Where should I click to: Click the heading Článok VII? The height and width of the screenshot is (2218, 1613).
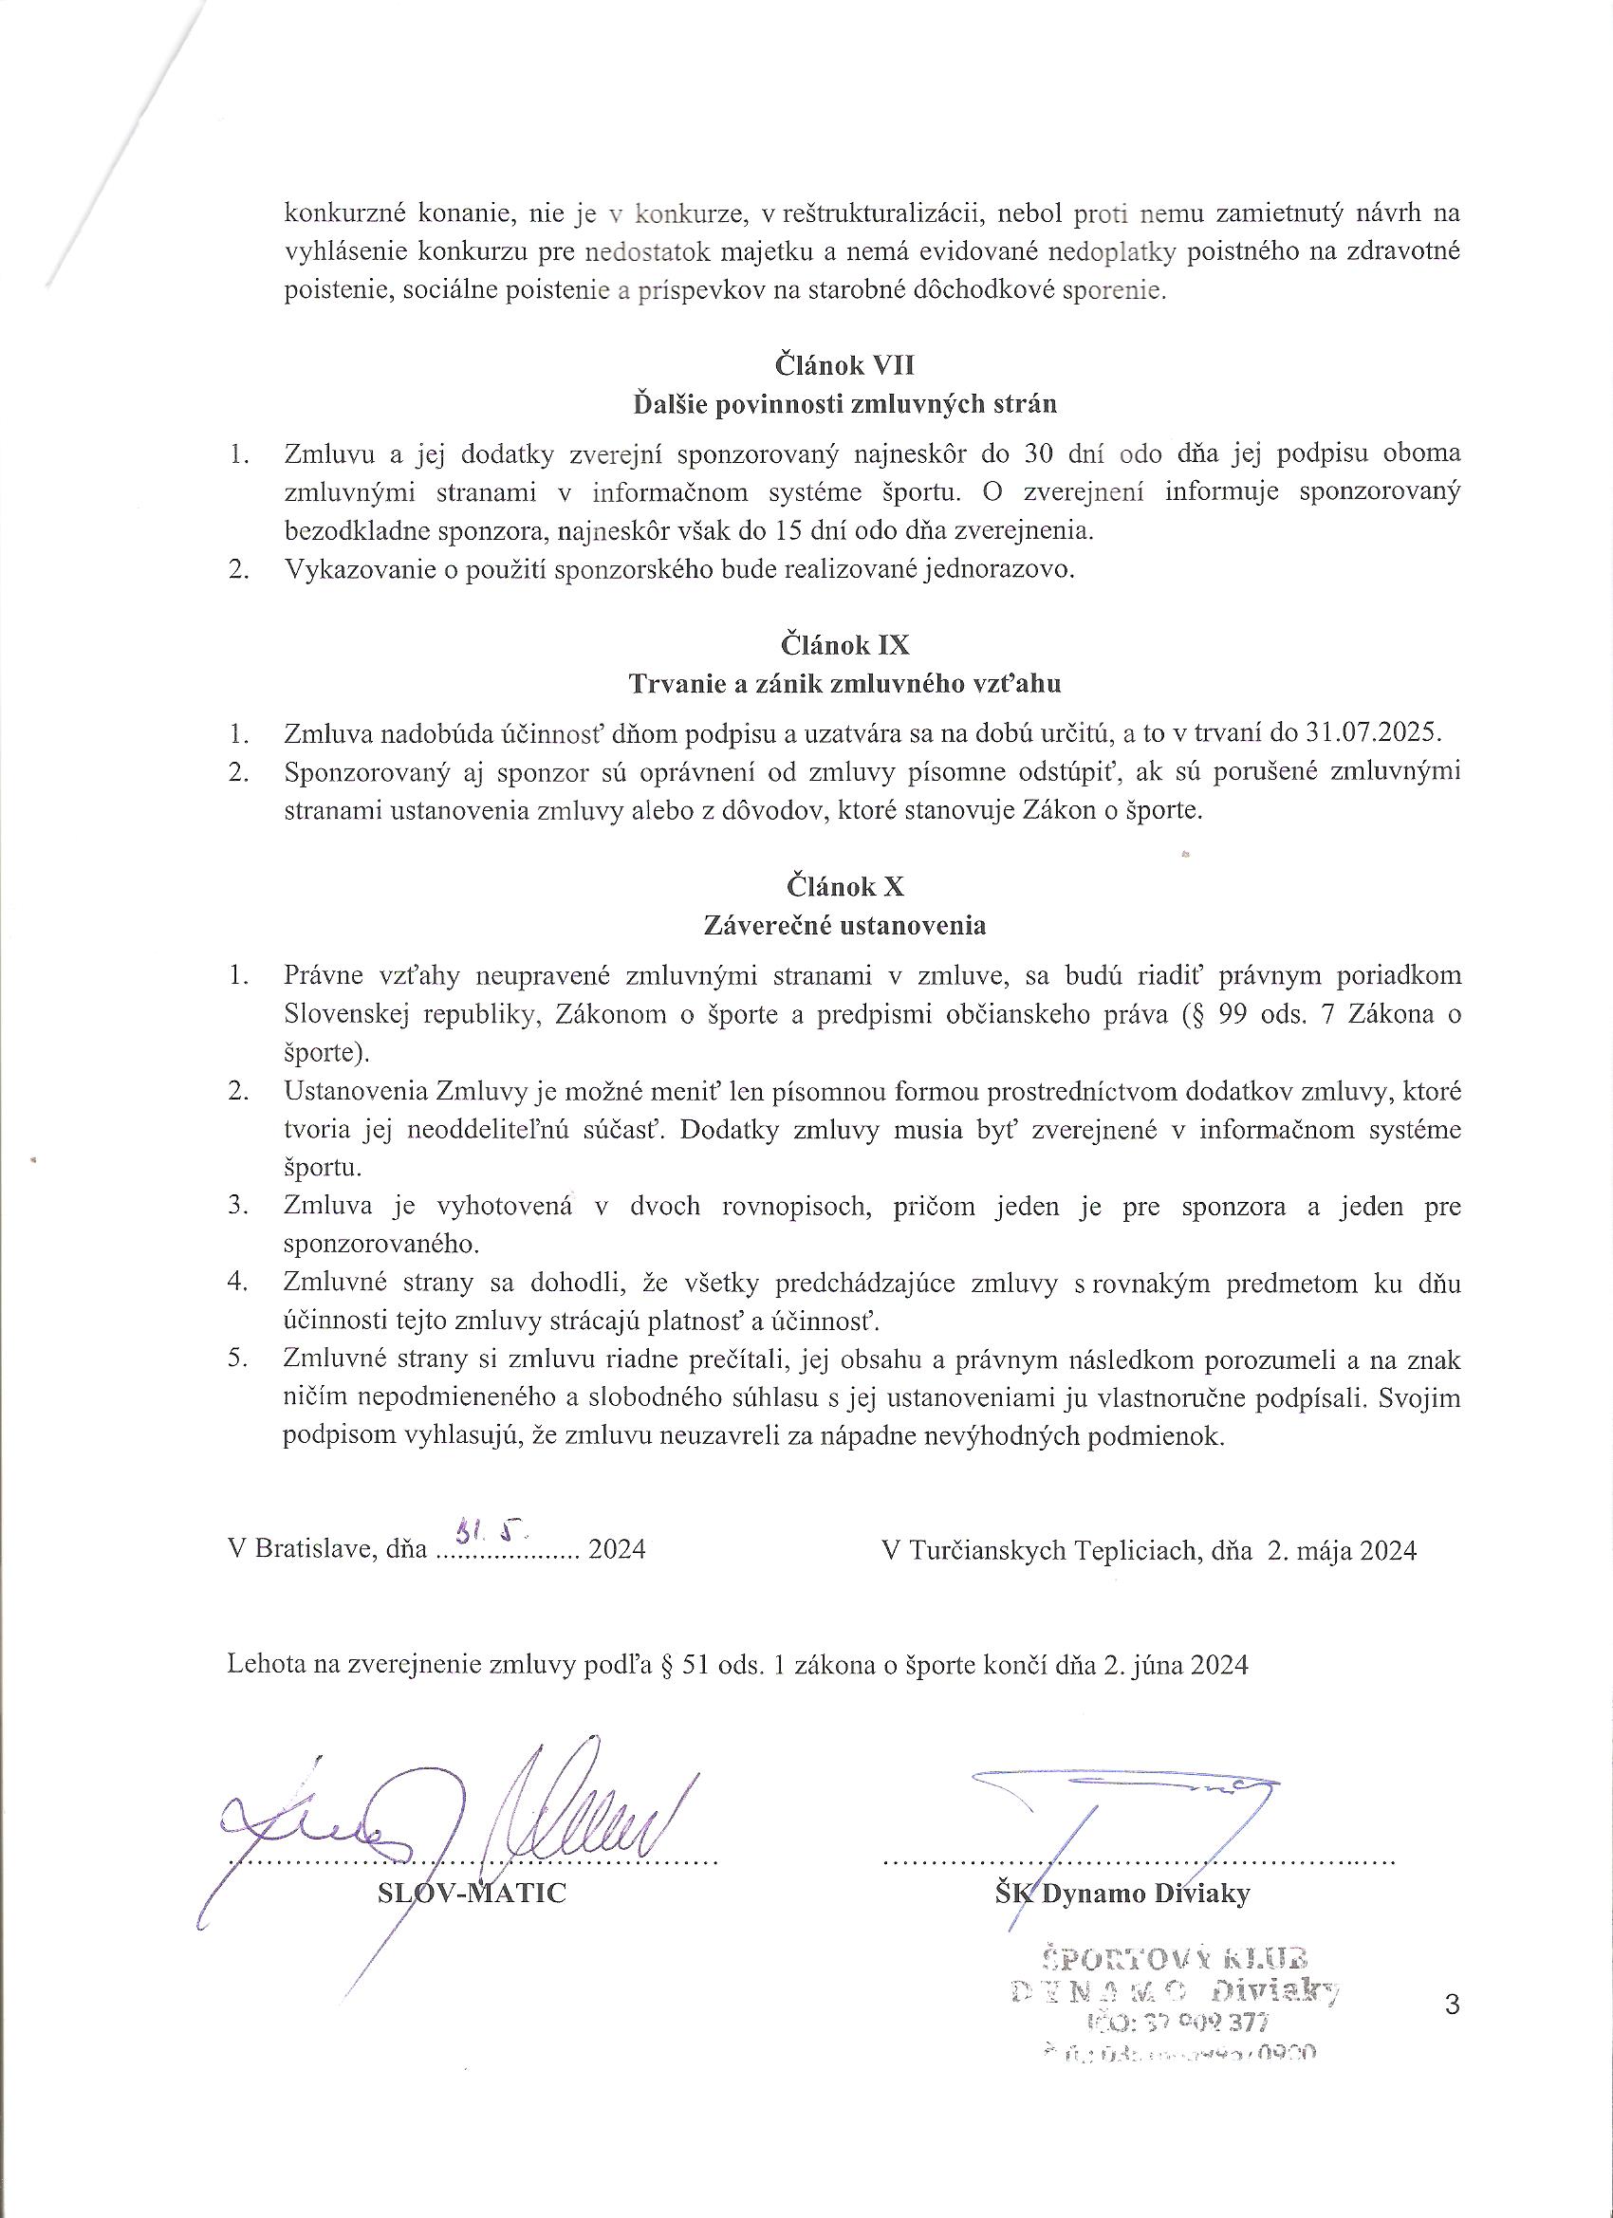845,366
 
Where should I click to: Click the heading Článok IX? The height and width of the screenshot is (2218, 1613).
845,645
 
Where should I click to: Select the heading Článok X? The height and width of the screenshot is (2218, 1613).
845,886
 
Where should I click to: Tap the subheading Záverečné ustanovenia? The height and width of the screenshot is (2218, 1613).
845,925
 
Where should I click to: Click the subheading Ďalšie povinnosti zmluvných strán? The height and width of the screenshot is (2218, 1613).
845,405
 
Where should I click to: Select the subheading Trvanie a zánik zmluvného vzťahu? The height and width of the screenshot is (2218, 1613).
845,684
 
